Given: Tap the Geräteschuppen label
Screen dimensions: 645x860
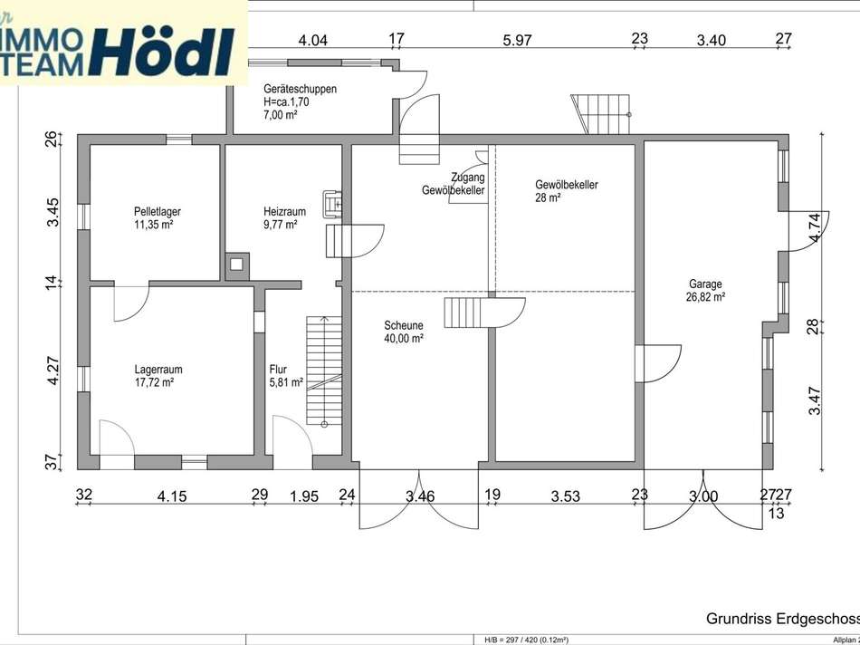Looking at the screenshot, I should [x=300, y=89].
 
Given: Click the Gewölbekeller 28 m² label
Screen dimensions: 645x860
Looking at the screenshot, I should [x=566, y=185].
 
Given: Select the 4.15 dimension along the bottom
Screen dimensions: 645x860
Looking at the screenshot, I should [x=172, y=496].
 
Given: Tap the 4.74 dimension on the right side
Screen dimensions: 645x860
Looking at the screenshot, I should [x=817, y=226].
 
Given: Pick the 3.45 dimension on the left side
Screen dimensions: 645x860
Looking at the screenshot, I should [x=53, y=212].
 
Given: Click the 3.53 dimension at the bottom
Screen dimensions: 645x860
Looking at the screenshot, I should [x=565, y=496].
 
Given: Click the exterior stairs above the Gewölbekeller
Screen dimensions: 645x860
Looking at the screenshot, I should [x=600, y=113].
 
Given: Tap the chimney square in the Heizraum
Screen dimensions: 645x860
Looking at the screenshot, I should [x=237, y=265].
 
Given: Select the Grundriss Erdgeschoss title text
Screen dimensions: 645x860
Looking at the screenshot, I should [x=782, y=618].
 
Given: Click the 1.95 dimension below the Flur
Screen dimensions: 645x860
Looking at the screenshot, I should [x=303, y=496].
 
